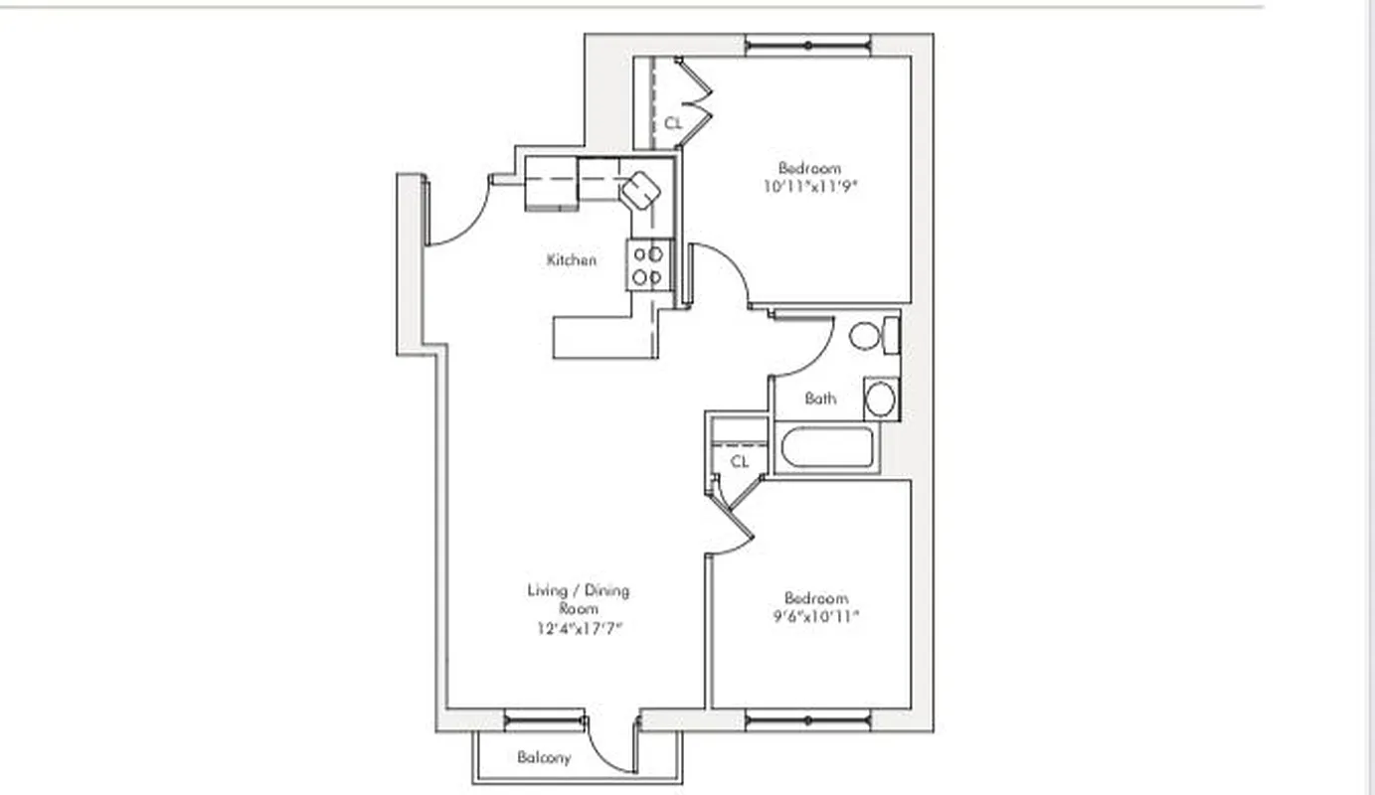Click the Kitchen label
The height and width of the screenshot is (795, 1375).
[572, 260]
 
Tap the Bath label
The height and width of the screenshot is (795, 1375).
[820, 398]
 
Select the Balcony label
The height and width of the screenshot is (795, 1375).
[544, 758]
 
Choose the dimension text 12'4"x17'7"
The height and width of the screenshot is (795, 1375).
[579, 627]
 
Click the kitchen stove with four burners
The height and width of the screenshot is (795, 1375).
[647, 265]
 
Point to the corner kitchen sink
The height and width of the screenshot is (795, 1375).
[640, 188]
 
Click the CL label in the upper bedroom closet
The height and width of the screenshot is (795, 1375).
[673, 123]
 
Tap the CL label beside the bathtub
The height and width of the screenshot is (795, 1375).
[740, 462]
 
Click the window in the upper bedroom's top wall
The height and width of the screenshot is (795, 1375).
[807, 45]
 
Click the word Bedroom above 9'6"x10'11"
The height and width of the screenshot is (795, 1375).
[816, 598]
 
